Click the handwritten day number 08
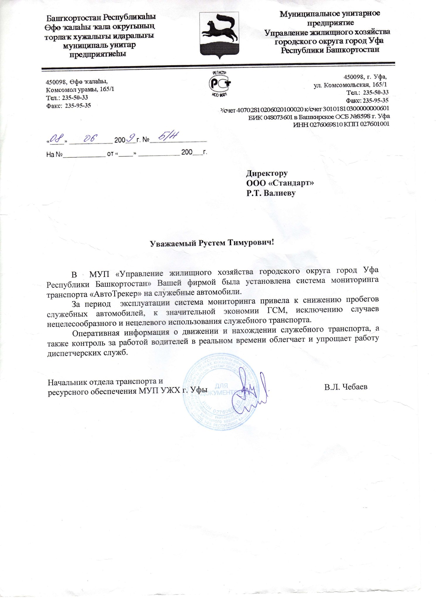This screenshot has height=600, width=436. [56, 138]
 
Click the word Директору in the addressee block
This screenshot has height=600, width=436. [267, 173]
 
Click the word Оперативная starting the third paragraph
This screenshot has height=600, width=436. [95, 333]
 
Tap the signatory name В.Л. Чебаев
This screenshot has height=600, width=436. [346, 387]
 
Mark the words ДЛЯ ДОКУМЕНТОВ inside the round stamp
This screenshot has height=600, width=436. [222, 389]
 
